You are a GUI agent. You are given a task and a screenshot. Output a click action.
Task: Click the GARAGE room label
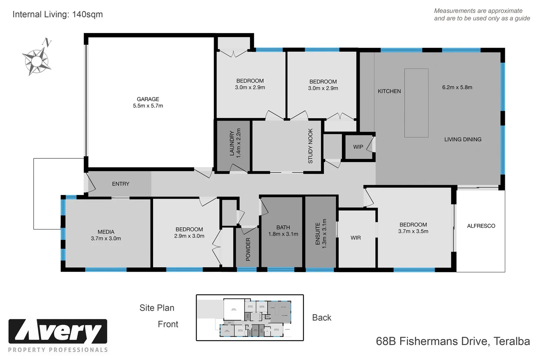(x=148, y=99)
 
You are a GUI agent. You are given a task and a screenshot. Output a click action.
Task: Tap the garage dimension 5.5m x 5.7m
(x=148, y=106)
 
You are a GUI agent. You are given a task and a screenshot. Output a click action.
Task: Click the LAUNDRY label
(x=232, y=143)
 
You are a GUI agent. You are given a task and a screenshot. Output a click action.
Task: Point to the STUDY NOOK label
(x=310, y=146)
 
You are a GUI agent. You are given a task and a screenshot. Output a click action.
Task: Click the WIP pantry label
(x=358, y=147)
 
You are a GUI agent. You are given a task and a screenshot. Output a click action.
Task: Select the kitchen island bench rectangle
(x=416, y=103)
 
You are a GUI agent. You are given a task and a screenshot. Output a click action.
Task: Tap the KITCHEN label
(x=389, y=91)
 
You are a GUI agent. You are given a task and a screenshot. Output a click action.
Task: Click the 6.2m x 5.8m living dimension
(x=457, y=87)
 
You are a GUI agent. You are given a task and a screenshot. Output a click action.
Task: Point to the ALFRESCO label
(x=481, y=226)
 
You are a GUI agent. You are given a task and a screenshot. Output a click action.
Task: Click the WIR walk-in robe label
(x=355, y=238)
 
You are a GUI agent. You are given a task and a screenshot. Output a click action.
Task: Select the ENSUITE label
(x=318, y=234)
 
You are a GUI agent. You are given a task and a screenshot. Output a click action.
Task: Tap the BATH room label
(x=283, y=227)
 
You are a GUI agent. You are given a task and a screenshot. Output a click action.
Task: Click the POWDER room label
(x=248, y=249)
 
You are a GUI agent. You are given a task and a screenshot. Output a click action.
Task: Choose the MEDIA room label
(x=106, y=232)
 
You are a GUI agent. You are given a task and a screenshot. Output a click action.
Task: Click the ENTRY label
(x=120, y=184)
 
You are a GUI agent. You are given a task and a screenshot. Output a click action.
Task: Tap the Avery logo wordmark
(x=58, y=332)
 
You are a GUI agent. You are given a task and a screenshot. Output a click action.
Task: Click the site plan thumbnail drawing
(x=250, y=317)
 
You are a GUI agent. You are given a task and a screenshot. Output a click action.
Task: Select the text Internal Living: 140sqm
(x=58, y=14)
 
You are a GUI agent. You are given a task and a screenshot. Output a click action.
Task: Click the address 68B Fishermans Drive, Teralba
(x=453, y=341)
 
